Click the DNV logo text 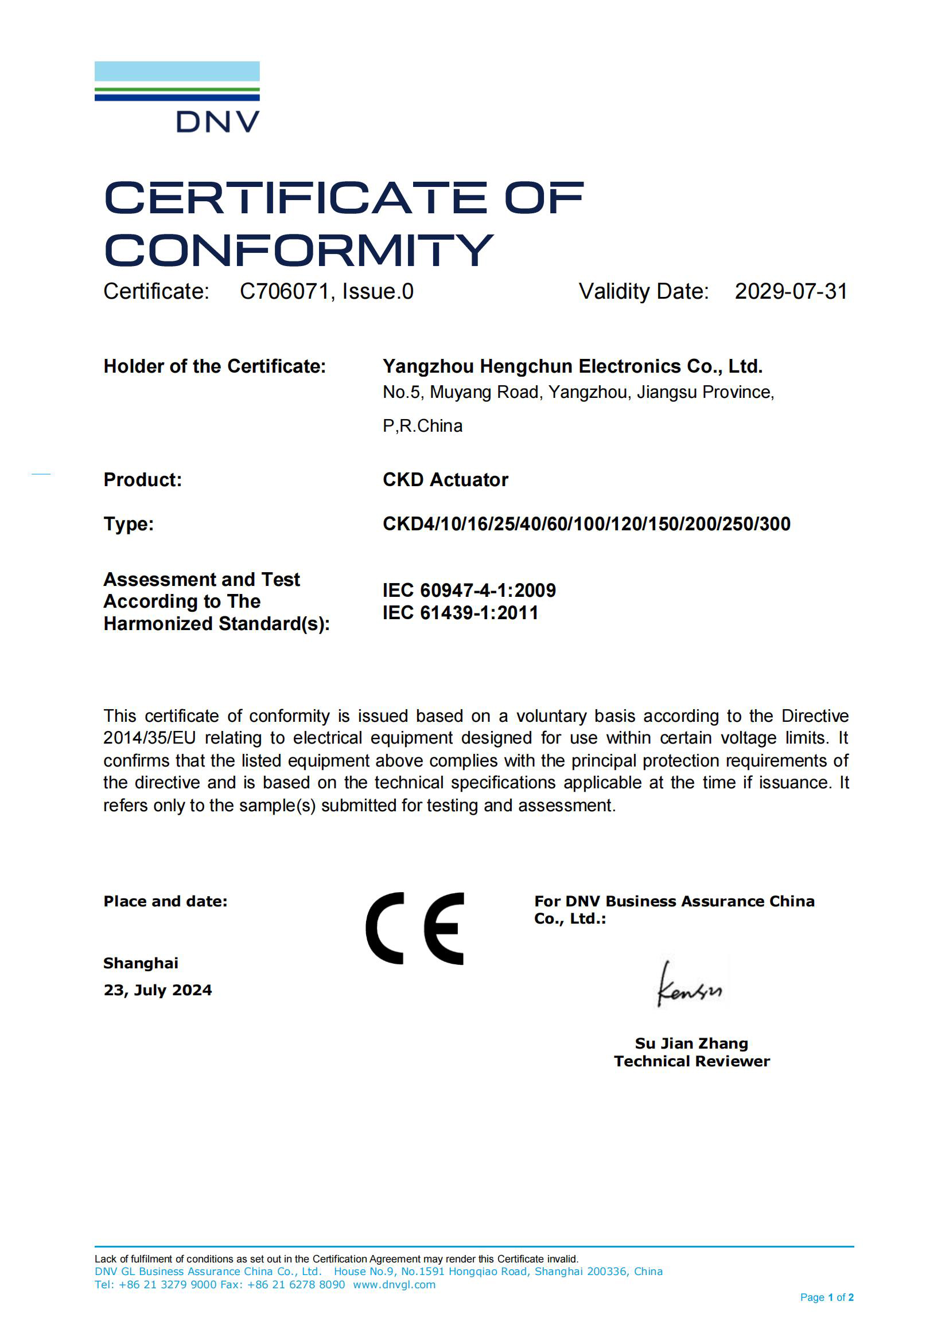click(217, 122)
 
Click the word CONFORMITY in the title click(298, 251)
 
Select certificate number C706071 click(284, 291)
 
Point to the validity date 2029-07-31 click(791, 291)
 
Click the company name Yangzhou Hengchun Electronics click(572, 366)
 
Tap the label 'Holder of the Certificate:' click(215, 366)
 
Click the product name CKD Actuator click(445, 479)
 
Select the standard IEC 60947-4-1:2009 click(469, 591)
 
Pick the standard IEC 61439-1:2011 click(461, 613)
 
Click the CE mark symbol click(415, 929)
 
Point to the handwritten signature click(689, 986)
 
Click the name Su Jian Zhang click(691, 1043)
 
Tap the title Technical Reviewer click(691, 1061)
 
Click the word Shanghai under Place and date click(141, 963)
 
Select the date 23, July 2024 click(158, 990)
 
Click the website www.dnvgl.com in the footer click(394, 1285)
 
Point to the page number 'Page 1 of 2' click(826, 1297)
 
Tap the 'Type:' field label click(129, 524)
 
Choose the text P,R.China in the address click(422, 426)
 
